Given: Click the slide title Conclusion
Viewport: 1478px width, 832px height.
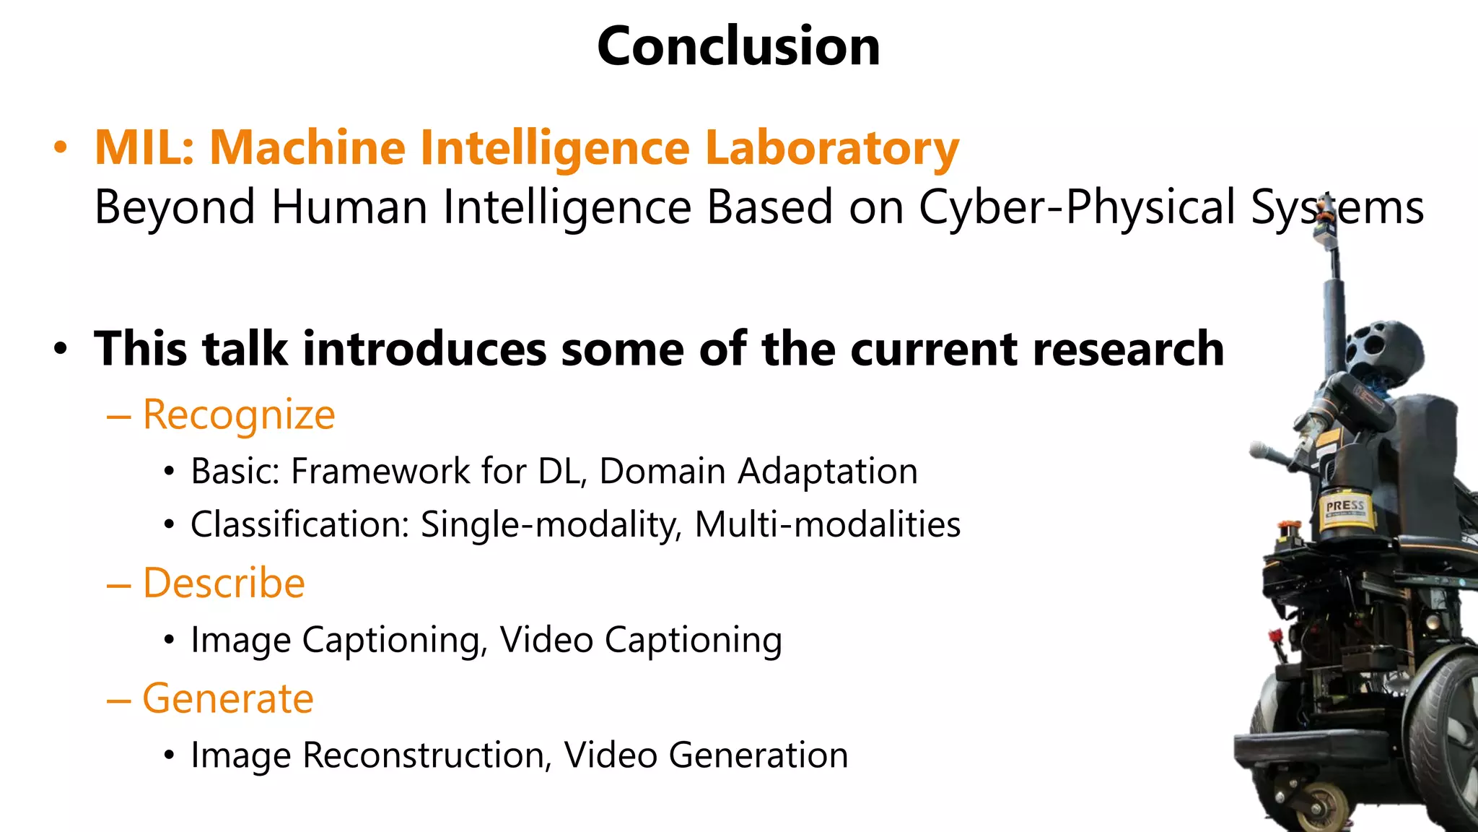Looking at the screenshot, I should tap(738, 46).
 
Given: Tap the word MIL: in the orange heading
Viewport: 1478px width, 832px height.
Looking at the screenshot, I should tap(144, 148).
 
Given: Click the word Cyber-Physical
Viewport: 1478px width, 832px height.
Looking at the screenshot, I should tap(1077, 208).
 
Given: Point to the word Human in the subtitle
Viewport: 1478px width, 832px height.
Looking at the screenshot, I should tap(349, 208).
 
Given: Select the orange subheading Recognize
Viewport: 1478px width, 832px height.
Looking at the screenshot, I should tap(239, 415).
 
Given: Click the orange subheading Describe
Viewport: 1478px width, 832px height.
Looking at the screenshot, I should tap(224, 584).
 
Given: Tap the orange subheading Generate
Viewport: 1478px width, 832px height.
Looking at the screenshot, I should tap(228, 699).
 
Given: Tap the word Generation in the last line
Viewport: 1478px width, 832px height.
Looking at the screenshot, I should tap(758, 755).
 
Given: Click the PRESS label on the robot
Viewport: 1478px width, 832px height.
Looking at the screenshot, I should tap(1344, 506).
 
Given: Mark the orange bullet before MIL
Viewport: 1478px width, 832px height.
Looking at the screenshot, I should tap(61, 148).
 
